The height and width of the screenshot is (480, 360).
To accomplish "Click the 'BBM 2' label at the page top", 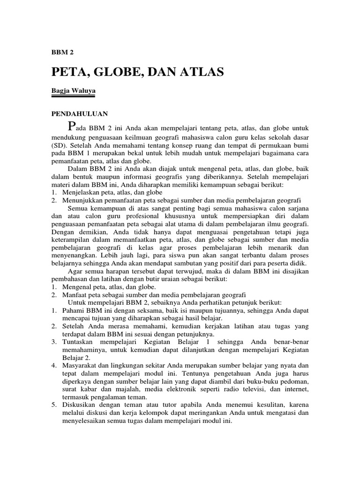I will (x=62, y=52).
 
